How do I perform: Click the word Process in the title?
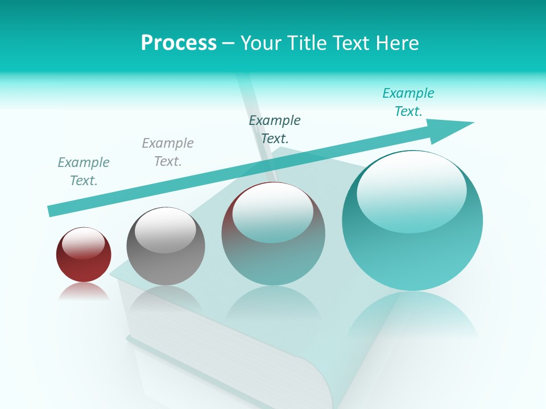click(x=179, y=43)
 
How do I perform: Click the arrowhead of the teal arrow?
click(x=455, y=128)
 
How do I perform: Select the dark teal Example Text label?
click(x=275, y=130)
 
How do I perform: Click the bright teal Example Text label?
click(x=408, y=102)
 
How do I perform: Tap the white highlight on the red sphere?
click(x=83, y=243)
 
